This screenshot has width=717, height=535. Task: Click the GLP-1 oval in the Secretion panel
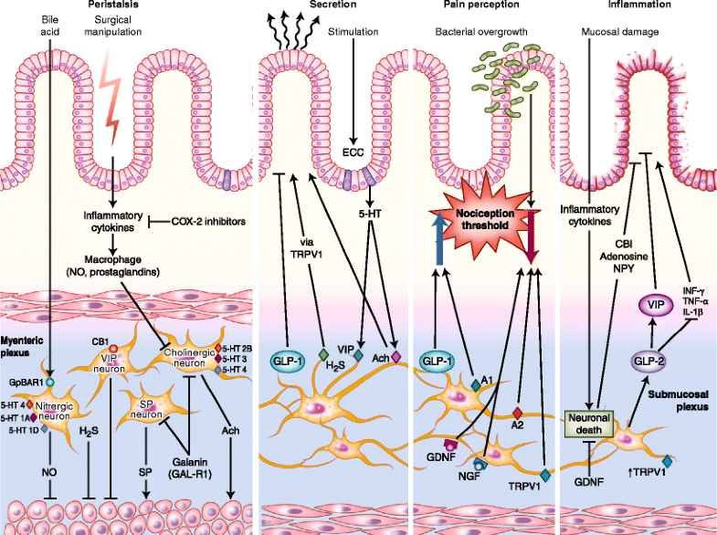coord(289,361)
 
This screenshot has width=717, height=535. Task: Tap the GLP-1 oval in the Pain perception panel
coord(438,361)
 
